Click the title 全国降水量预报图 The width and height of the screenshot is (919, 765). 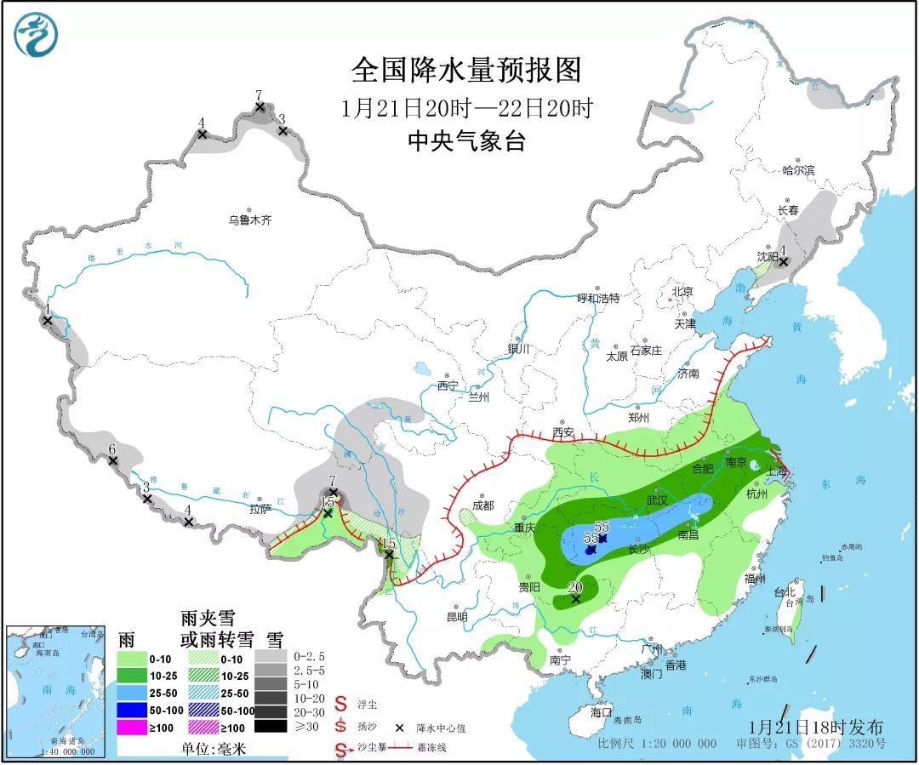[x=465, y=71]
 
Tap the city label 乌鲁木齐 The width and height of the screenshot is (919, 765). [x=248, y=220]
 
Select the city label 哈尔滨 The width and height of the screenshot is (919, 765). [x=798, y=170]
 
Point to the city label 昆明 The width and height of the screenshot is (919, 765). [x=456, y=616]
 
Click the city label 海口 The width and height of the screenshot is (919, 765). [x=602, y=711]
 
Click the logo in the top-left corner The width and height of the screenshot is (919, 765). [x=36, y=35]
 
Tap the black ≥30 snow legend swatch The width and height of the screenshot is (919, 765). [x=268, y=727]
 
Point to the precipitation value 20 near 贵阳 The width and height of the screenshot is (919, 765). [x=574, y=586]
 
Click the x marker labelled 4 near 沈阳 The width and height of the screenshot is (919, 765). [x=784, y=261]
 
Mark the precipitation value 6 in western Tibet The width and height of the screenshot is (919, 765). [x=111, y=449]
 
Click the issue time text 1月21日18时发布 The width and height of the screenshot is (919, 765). [x=817, y=727]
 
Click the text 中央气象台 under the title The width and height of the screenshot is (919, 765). [x=465, y=140]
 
